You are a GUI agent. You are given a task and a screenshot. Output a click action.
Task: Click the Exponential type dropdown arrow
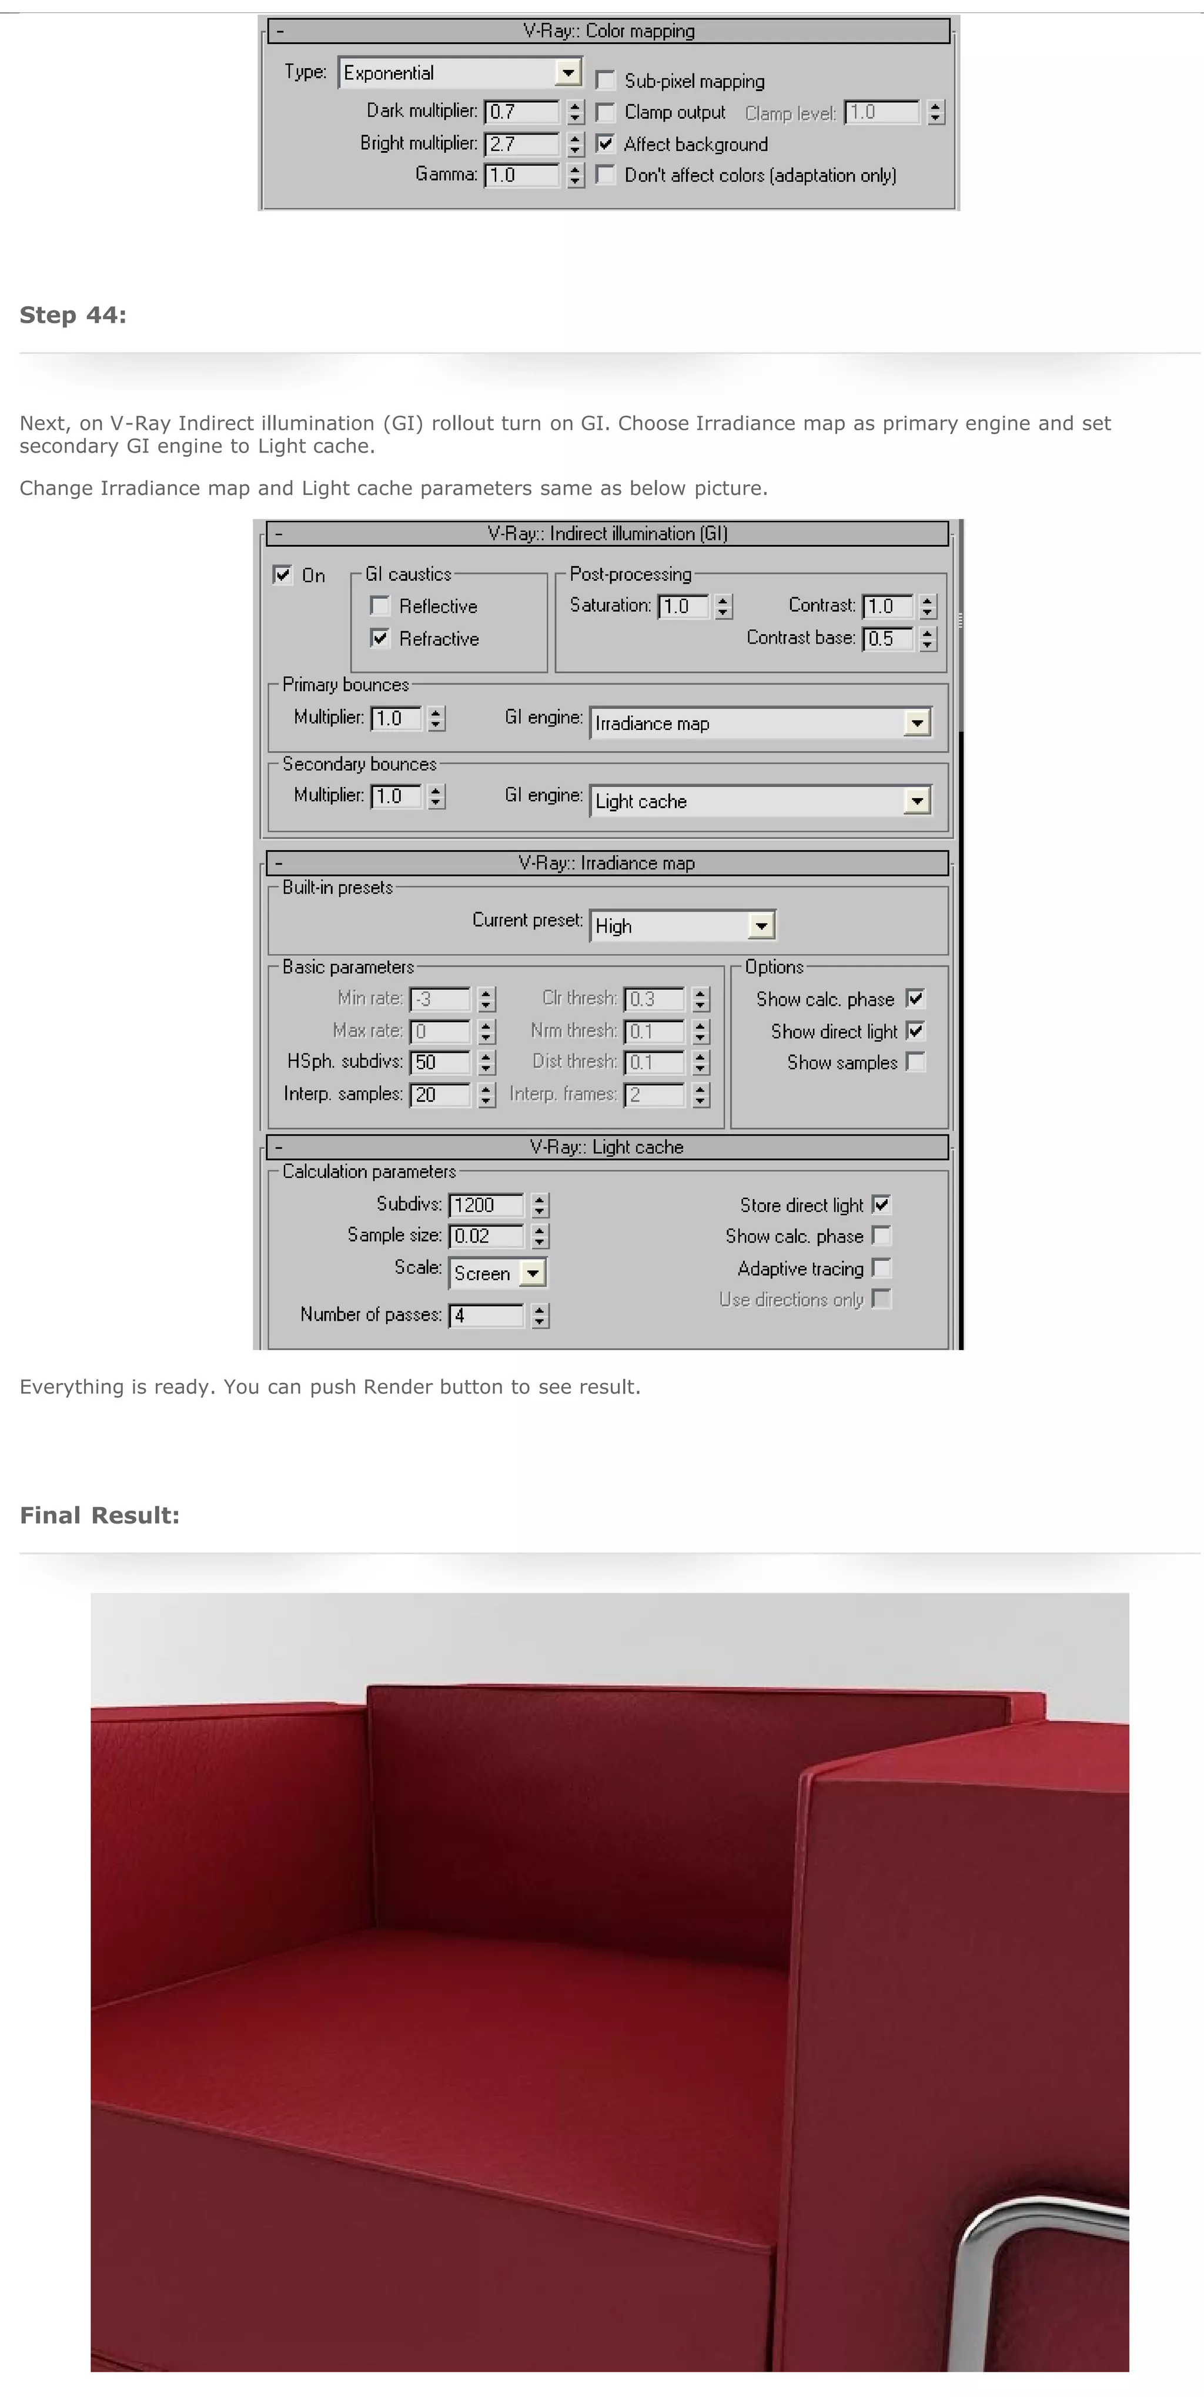pos(567,72)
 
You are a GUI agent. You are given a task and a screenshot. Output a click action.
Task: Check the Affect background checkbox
pos(606,143)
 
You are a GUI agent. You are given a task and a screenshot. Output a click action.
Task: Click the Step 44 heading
pos(72,316)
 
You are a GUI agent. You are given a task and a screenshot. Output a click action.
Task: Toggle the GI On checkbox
pos(283,575)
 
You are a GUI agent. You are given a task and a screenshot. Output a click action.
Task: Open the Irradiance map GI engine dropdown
pos(917,723)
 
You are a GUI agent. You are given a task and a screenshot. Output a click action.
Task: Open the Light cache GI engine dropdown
pos(917,801)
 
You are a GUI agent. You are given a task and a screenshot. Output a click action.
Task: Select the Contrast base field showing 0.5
pos(887,640)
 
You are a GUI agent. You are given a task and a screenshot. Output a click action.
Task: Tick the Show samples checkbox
pos(915,1063)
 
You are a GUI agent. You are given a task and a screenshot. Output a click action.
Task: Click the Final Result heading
pos(99,1516)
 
